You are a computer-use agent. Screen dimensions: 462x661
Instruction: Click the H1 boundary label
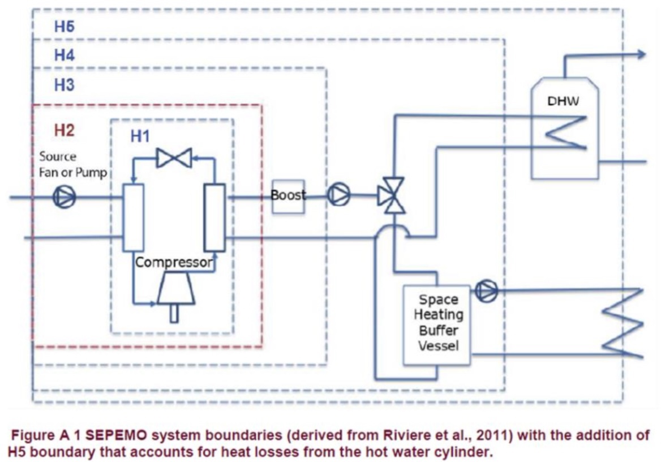[141, 136]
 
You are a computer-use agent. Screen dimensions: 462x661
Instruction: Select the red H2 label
[64, 130]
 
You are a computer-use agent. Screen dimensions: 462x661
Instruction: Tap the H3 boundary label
[64, 85]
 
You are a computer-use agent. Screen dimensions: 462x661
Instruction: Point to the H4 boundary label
[64, 55]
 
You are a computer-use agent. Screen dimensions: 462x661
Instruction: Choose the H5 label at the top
[64, 26]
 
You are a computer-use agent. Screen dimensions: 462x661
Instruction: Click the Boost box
[288, 196]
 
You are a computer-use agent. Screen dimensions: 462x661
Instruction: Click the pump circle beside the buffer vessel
[486, 291]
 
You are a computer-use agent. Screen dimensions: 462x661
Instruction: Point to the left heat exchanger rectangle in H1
[134, 217]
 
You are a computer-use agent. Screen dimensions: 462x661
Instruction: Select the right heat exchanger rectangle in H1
[215, 217]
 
